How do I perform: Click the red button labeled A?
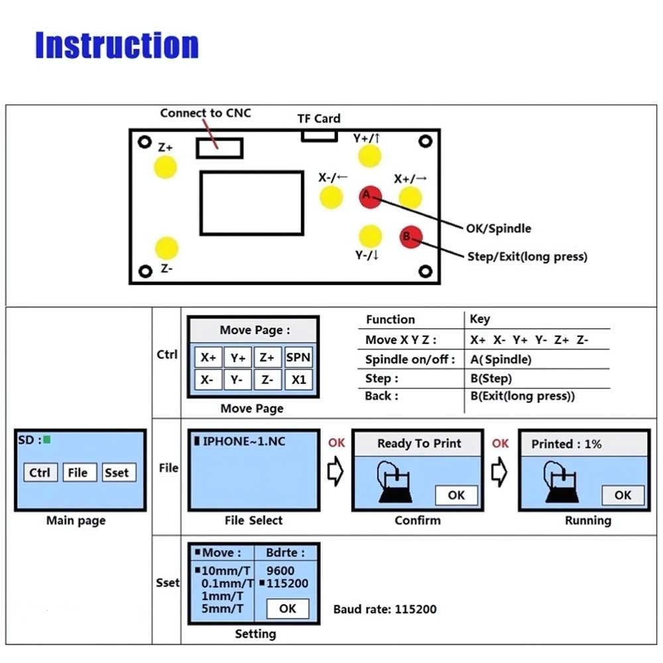[371, 197]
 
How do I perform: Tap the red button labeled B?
[411, 237]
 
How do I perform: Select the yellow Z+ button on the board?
[165, 167]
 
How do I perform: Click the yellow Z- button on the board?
[166, 248]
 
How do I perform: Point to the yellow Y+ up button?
[369, 156]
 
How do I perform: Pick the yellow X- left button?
[331, 198]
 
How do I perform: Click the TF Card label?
[319, 119]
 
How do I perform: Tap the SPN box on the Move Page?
[298, 358]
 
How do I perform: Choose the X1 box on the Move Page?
[298, 379]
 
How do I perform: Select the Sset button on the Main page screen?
[119, 472]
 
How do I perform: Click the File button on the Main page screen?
[80, 472]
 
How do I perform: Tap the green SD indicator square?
[47, 440]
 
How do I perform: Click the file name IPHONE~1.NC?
[244, 442]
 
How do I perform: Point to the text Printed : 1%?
[566, 444]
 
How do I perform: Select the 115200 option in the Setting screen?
[287, 583]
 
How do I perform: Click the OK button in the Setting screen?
[288, 609]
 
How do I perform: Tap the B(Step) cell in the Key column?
[491, 379]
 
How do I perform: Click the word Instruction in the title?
[117, 45]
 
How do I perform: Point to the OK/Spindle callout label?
[499, 229]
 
